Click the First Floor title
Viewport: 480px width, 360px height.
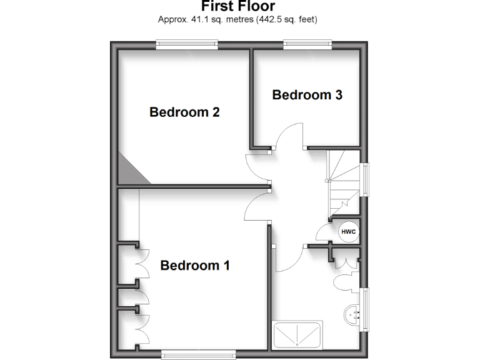238,6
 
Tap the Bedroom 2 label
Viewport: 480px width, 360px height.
184,112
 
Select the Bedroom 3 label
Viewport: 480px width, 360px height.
307,95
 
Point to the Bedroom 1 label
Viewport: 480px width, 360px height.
195,265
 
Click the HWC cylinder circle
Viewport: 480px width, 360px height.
348,232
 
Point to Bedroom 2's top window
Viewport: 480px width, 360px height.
187,44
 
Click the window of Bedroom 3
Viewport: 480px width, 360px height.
307,44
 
